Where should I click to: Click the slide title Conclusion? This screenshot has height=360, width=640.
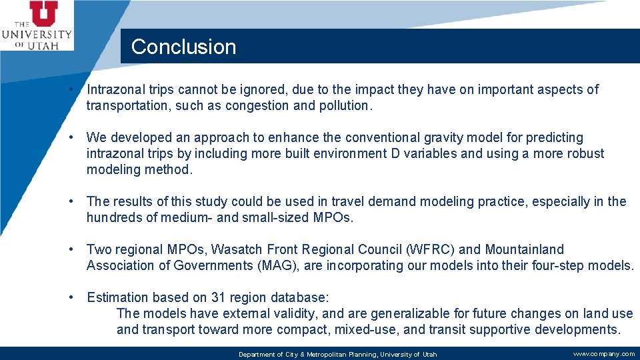pyautogui.click(x=183, y=47)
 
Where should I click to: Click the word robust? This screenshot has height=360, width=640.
pyautogui.click(x=584, y=153)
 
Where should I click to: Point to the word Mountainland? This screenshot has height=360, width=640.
pyautogui.click(x=524, y=249)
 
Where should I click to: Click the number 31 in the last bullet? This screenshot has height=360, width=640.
pyautogui.click(x=218, y=297)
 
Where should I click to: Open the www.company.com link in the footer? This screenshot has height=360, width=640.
pyautogui.click(x=603, y=354)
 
